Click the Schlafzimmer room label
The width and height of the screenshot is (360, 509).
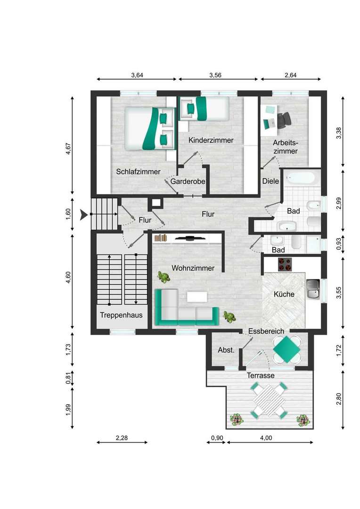[138, 172]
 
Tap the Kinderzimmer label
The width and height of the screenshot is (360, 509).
[211, 140]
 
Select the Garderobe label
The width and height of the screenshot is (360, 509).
[188, 181]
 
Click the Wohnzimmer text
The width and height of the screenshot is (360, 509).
[193, 268]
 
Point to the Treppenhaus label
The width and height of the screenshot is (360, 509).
[121, 315]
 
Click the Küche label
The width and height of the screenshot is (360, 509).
[284, 294]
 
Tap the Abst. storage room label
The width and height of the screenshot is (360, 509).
[226, 350]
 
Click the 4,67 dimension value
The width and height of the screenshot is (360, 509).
[68, 149]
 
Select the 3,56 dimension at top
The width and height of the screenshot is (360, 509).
[215, 75]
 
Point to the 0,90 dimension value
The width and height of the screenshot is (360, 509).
[217, 438]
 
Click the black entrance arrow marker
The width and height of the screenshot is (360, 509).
[84, 214]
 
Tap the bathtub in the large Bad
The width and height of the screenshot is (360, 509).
[301, 179]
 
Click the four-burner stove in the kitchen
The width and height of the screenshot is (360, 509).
[285, 264]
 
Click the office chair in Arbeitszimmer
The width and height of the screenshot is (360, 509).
[284, 119]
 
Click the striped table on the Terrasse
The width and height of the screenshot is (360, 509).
[269, 401]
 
